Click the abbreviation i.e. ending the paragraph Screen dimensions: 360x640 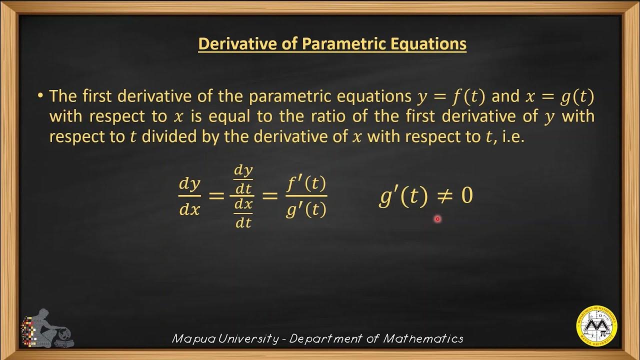(x=510, y=136)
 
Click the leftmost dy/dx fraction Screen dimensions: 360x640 (x=189, y=196)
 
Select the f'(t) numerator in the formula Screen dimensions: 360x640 (x=306, y=184)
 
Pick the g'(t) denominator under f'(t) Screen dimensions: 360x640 (x=306, y=210)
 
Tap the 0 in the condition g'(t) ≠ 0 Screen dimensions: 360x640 (x=466, y=196)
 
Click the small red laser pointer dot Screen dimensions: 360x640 (x=437, y=219)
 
